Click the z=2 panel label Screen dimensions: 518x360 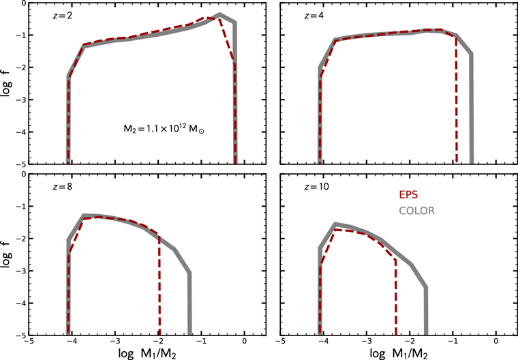click(x=63, y=16)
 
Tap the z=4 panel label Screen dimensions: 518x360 click(x=314, y=16)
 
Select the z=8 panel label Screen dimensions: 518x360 click(x=63, y=187)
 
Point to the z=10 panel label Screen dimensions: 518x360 click(x=316, y=187)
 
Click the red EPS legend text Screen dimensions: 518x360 click(x=408, y=195)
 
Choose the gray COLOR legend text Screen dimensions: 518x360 click(x=417, y=211)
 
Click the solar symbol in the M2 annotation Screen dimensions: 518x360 click(x=201, y=131)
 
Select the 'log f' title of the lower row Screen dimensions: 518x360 click(x=7, y=254)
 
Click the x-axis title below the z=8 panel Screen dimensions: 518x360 click(x=147, y=353)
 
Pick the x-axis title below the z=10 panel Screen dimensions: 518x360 click(x=399, y=353)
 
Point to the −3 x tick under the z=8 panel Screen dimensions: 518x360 click(x=114, y=341)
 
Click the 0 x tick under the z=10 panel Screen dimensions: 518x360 click(x=496, y=341)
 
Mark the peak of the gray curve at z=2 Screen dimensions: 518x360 click(x=219, y=14)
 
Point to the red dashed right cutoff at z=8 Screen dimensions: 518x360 click(x=159, y=285)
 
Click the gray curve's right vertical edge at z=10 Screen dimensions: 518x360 click(x=426, y=311)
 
